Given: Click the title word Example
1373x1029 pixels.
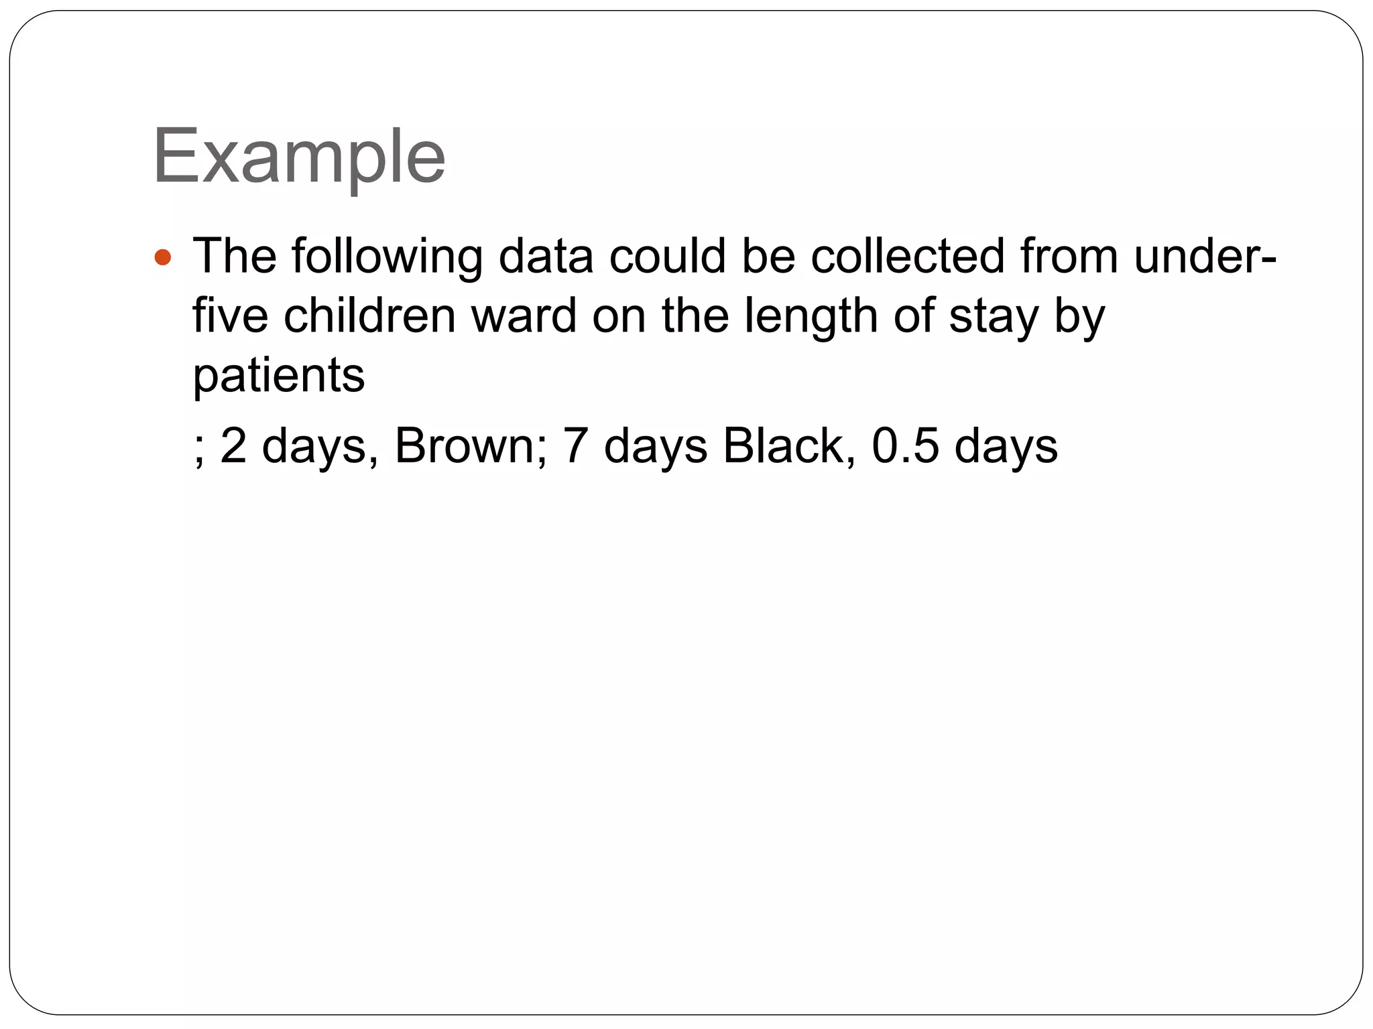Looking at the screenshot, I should (299, 157).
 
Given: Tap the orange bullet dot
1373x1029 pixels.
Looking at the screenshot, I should (163, 257).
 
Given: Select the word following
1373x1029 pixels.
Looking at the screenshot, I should (387, 257).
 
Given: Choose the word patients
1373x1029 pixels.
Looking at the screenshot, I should (279, 375).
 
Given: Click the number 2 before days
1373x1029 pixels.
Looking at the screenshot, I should (233, 446).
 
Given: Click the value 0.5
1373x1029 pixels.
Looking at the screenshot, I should (905, 446).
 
